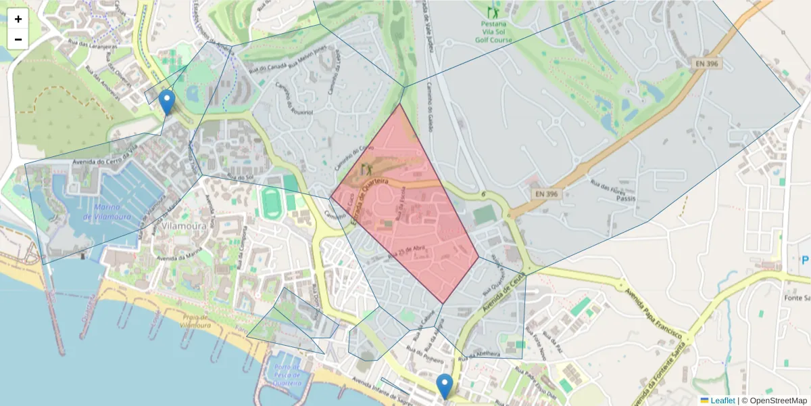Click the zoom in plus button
(18, 19)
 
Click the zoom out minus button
(18, 39)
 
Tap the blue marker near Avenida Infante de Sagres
(444, 386)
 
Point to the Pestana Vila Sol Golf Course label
(493, 31)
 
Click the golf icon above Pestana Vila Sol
(493, 12)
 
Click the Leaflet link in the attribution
(722, 401)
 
